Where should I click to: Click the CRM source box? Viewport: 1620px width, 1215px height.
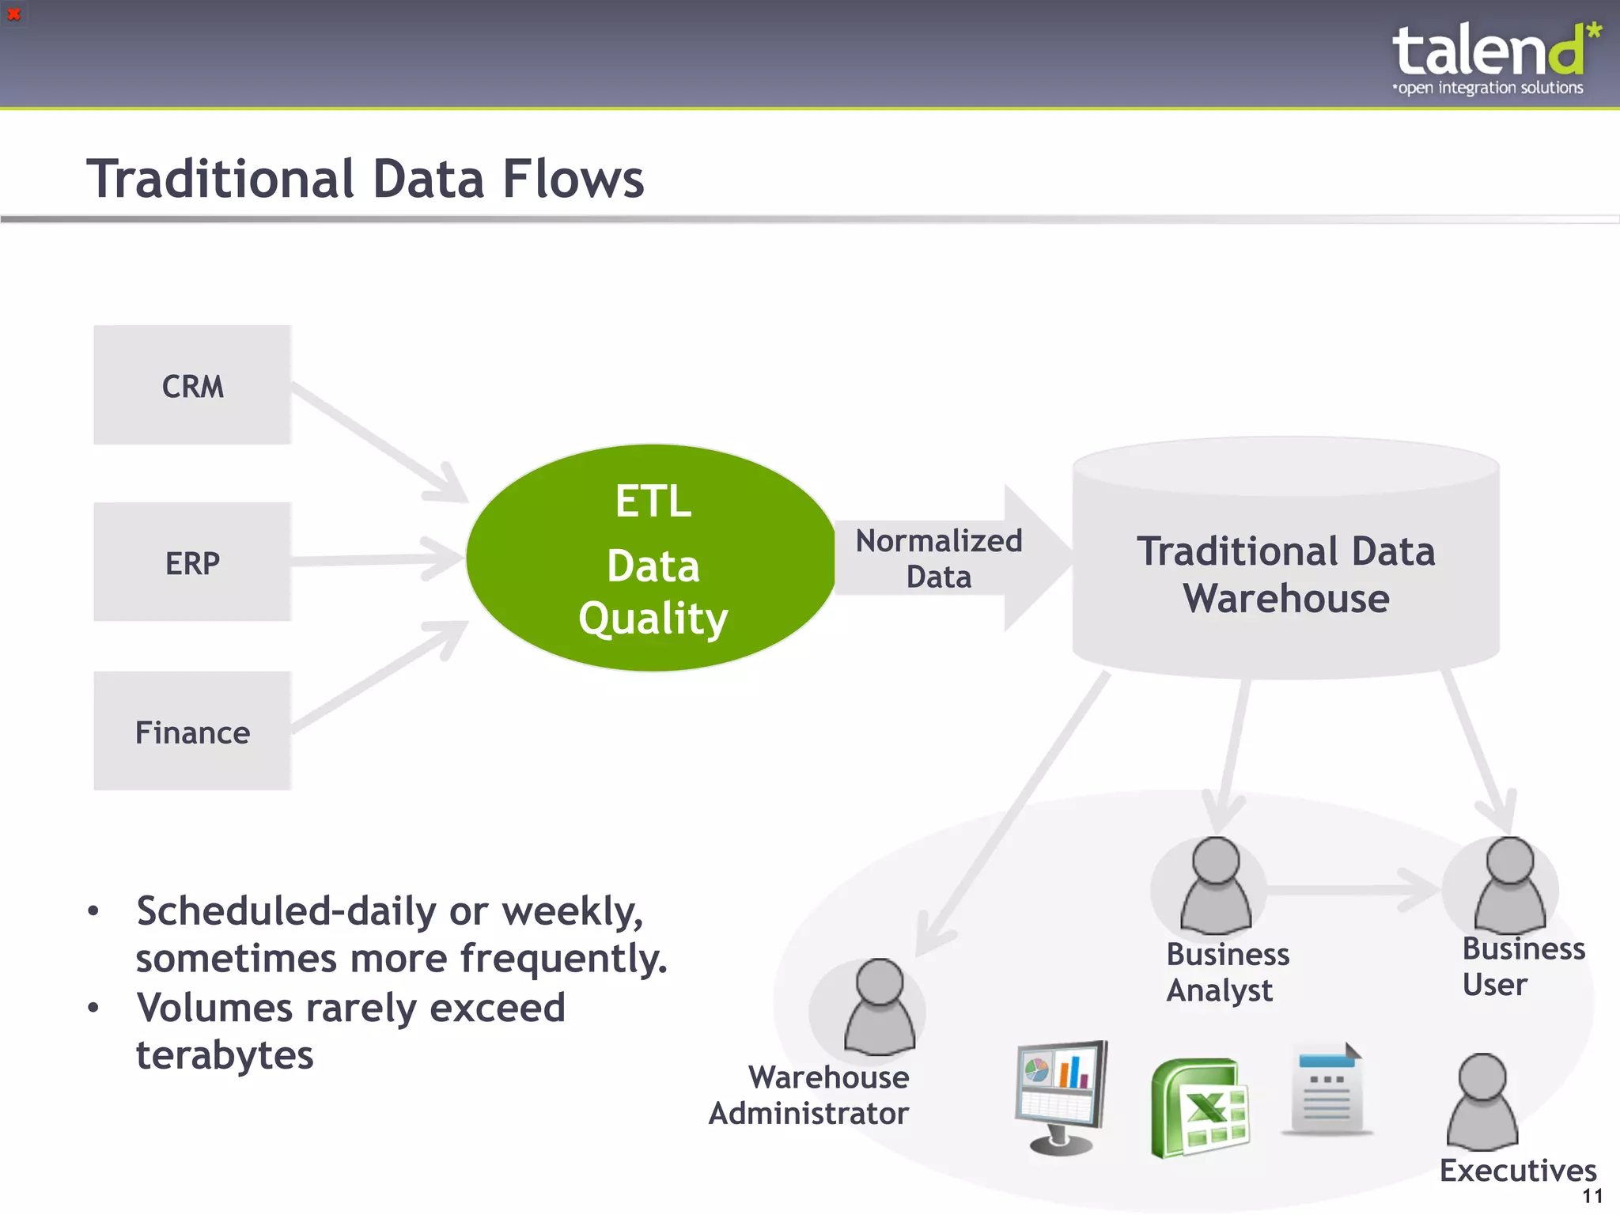click(192, 385)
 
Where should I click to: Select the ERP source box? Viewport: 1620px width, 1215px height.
click(192, 562)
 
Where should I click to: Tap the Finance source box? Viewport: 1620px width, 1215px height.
click(192, 731)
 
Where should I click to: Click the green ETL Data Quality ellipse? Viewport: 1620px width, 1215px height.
click(652, 558)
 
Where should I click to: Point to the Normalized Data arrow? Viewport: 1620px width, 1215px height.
click(949, 558)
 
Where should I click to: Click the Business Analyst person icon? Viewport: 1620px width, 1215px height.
click(1216, 886)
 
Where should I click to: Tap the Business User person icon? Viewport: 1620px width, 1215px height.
click(1509, 886)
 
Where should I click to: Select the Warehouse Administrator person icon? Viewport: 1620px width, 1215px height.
click(880, 1008)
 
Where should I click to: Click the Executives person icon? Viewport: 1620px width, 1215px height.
click(1482, 1103)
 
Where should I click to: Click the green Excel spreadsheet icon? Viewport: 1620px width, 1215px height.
click(1198, 1107)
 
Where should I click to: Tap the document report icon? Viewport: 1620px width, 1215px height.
click(1327, 1090)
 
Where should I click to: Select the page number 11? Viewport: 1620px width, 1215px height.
click(1592, 1196)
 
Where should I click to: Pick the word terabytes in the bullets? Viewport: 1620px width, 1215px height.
click(225, 1055)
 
